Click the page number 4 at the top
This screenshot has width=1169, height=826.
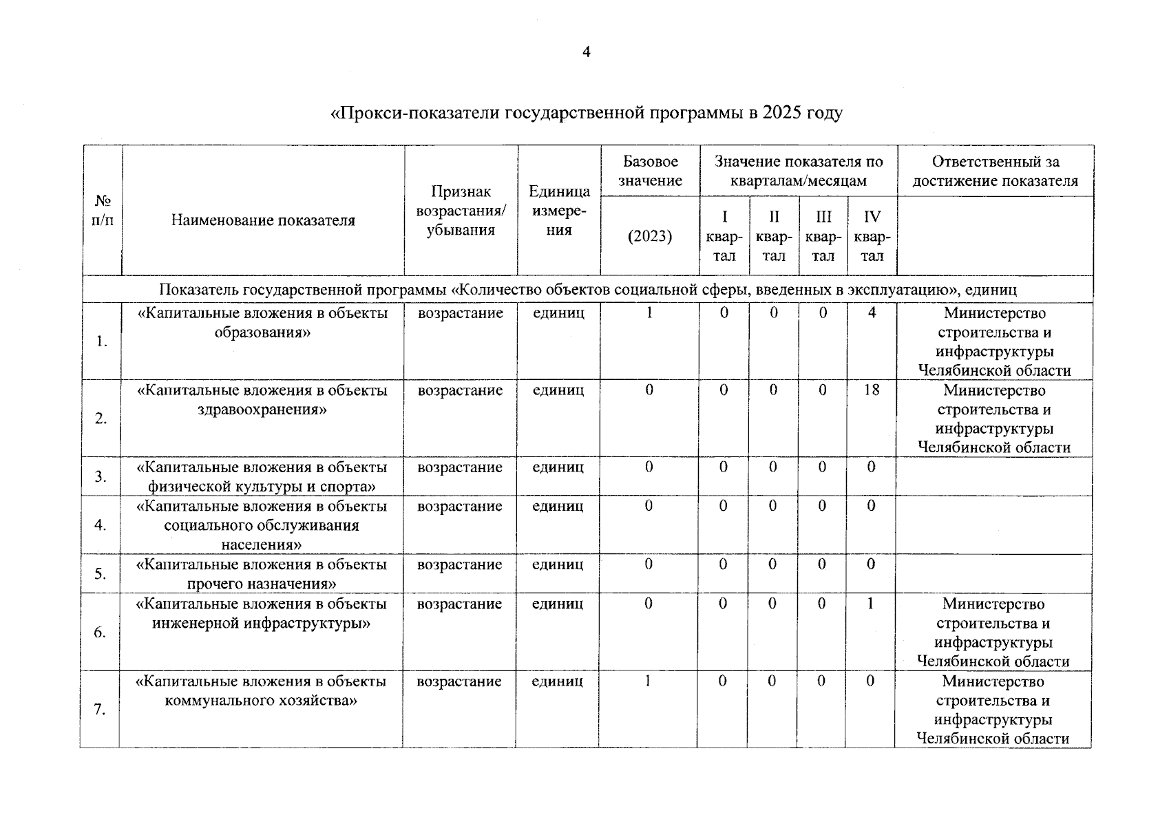tap(586, 53)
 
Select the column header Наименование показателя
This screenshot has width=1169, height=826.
tap(263, 221)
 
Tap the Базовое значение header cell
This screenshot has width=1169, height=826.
tap(650, 171)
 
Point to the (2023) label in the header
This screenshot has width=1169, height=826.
tap(650, 236)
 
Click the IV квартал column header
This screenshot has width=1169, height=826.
tap(872, 236)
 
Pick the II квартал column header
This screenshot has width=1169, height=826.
tap(774, 236)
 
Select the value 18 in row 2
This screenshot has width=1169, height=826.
tap(872, 390)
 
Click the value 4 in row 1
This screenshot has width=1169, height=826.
tap(872, 313)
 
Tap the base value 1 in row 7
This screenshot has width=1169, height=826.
tap(648, 681)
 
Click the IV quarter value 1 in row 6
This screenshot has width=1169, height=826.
tap(871, 604)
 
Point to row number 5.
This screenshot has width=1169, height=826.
tap(101, 574)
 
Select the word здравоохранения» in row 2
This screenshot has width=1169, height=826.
tap(262, 410)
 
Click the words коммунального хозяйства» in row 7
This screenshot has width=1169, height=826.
tap(262, 701)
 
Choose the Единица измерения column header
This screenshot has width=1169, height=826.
tap(558, 210)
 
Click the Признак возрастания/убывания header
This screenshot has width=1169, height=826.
tap(461, 211)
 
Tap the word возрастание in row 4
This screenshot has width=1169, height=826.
tap(460, 506)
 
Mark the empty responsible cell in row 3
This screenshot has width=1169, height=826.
tap(994, 476)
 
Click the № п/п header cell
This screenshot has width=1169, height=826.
tap(103, 211)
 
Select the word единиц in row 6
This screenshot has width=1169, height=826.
tap(558, 604)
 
